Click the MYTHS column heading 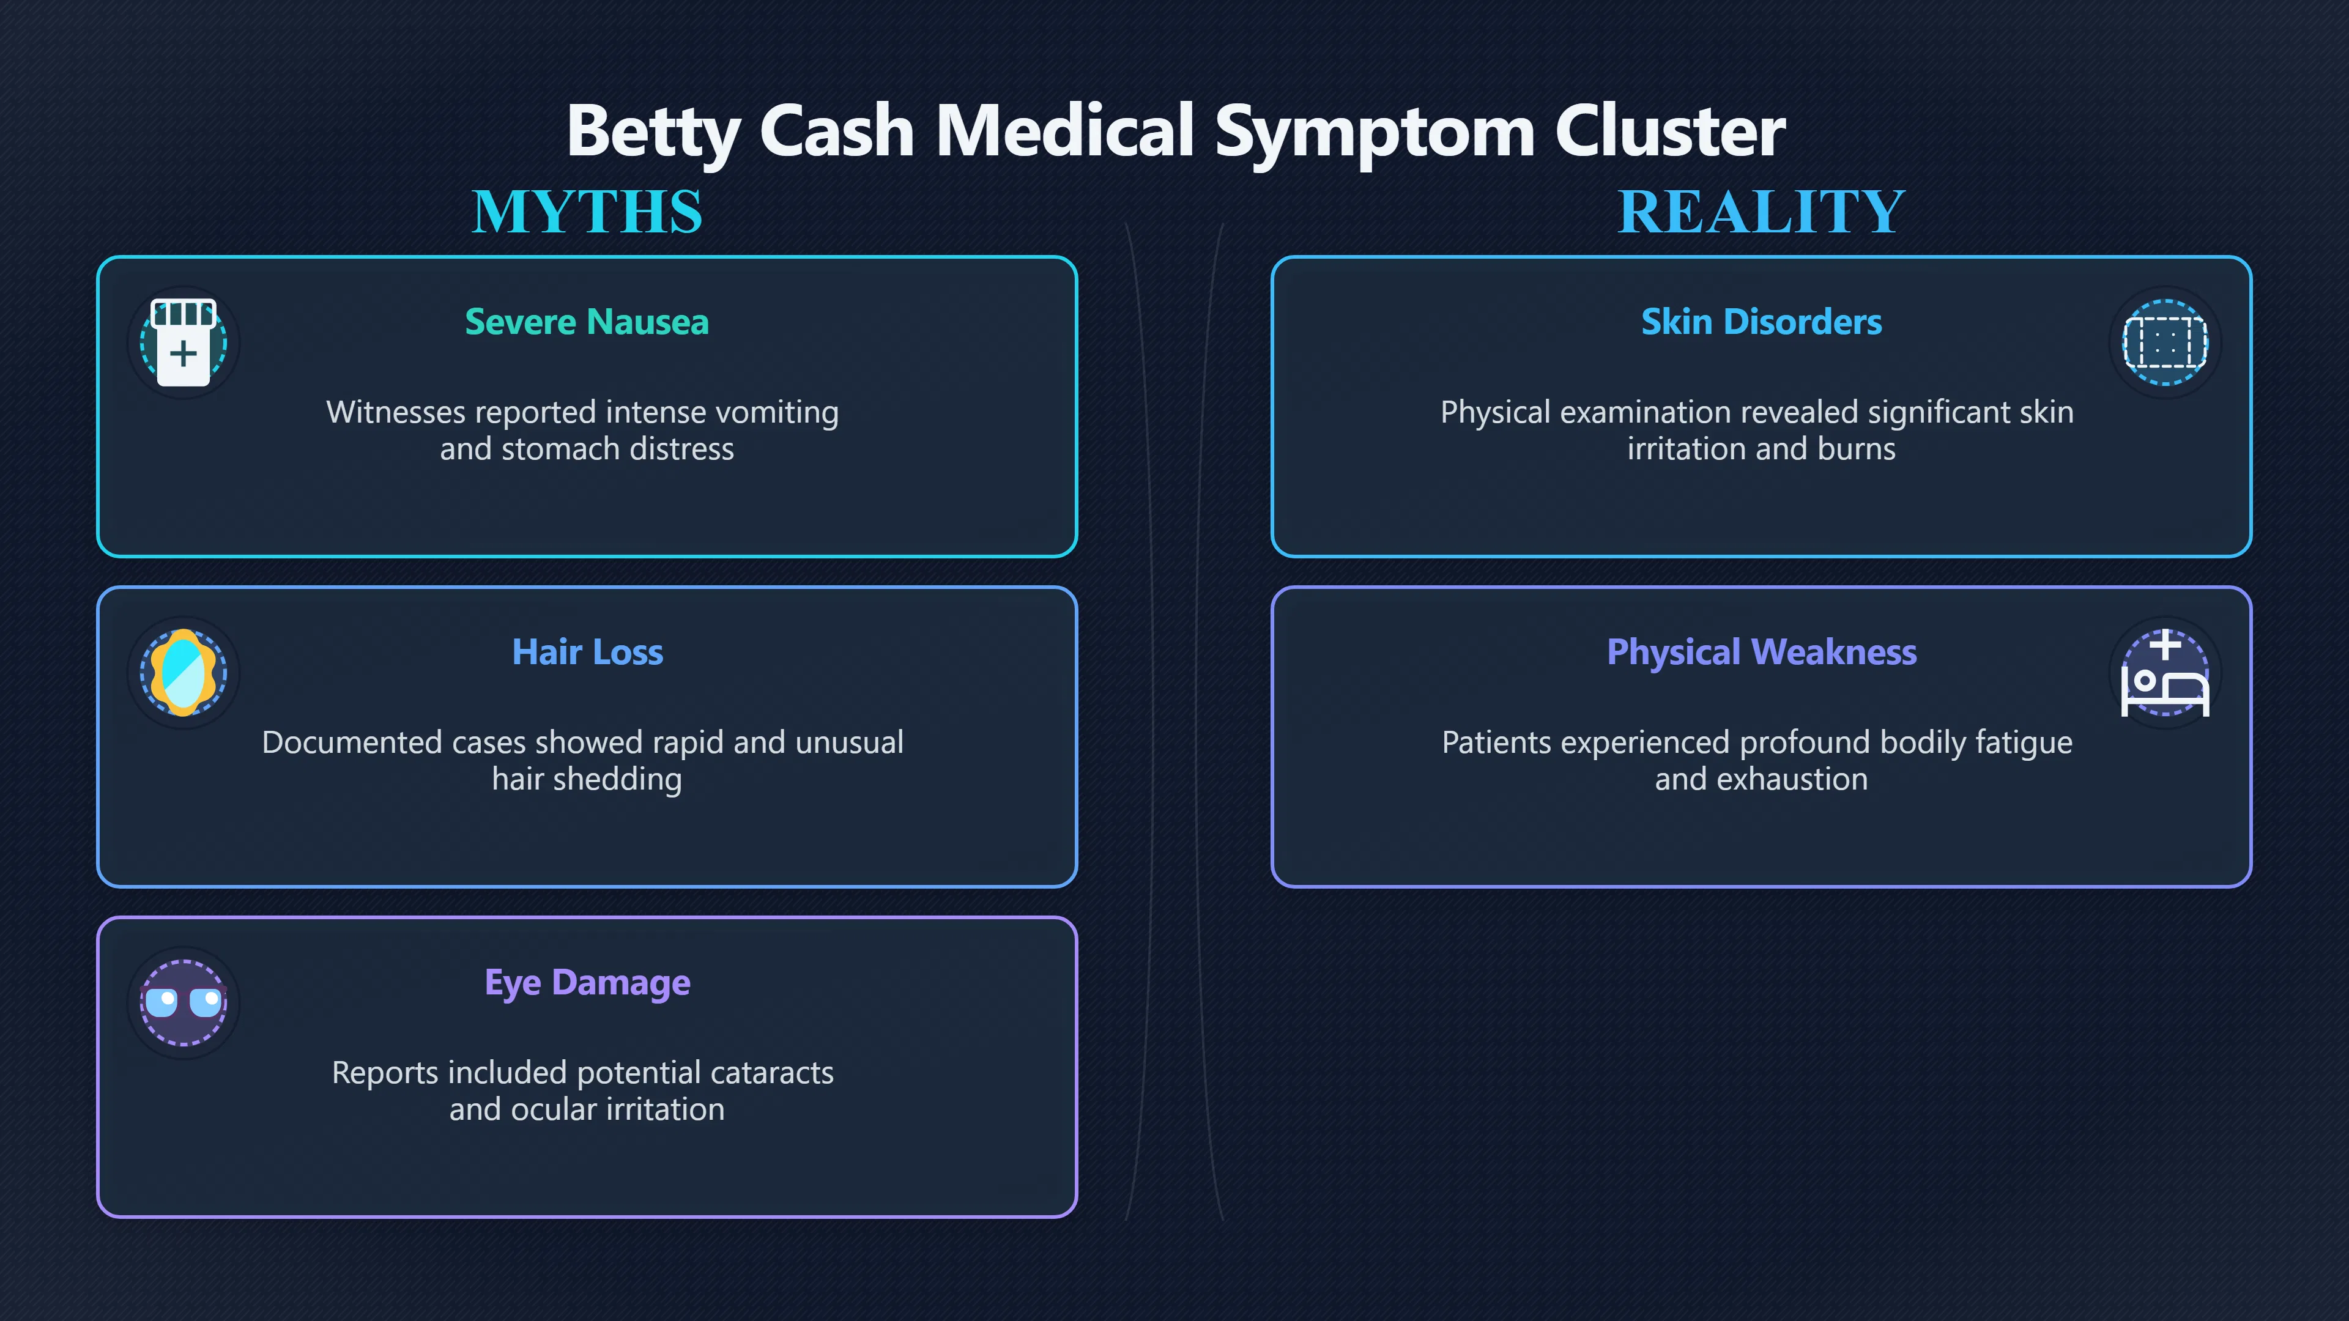pos(587,212)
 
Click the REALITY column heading pos(1761,212)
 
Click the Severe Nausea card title pos(587,322)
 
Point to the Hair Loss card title pos(587,652)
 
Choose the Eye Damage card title pos(587,983)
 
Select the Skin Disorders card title pos(1762,322)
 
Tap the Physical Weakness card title pos(1762,653)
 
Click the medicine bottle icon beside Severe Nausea pos(184,342)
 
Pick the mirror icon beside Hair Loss pos(184,673)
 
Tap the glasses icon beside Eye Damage pos(184,1003)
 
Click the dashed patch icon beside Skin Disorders pos(2165,342)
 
